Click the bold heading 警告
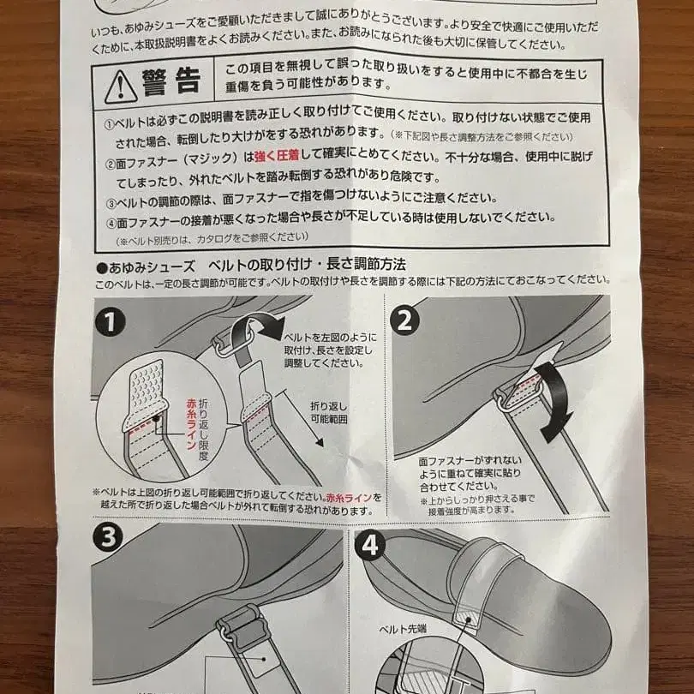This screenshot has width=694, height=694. tap(176, 82)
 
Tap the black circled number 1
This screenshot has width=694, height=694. tap(111, 322)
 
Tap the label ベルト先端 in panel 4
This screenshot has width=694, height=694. tap(405, 629)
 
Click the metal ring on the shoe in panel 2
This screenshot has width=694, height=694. tap(504, 397)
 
